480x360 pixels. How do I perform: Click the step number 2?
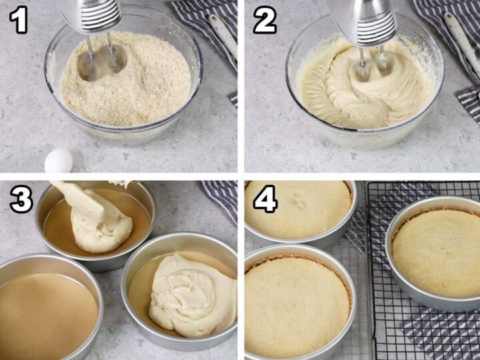(264, 21)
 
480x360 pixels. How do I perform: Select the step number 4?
(265, 199)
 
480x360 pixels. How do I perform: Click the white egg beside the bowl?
(59, 161)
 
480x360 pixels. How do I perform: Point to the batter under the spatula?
(100, 230)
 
